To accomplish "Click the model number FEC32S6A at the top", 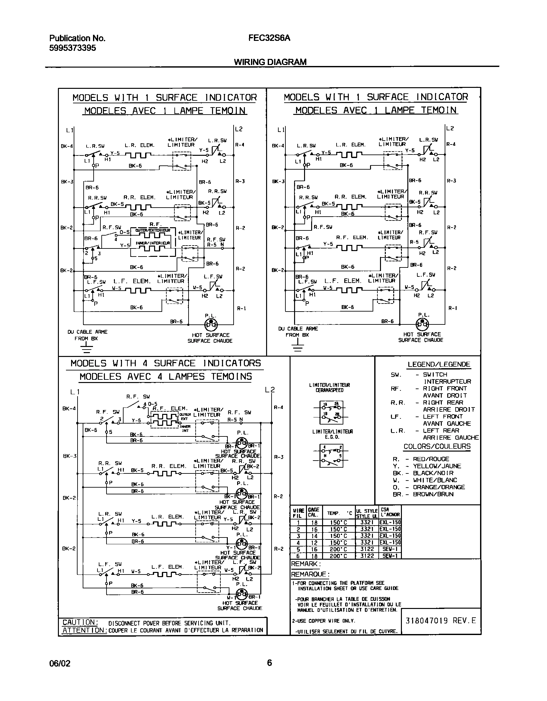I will [x=269, y=38].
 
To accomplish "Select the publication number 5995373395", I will [x=72, y=48].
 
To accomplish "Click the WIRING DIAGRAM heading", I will [x=270, y=62].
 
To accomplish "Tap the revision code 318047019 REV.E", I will [x=441, y=621].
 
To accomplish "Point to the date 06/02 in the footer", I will [x=60, y=663].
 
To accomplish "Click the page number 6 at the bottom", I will [x=269, y=662].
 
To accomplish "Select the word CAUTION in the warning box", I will [x=80, y=622].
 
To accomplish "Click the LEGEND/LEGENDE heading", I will [x=439, y=364].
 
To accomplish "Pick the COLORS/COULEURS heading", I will [x=437, y=446].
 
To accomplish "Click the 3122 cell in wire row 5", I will [x=367, y=549].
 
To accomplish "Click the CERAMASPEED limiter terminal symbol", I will [x=331, y=412].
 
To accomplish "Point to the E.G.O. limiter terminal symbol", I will [x=331, y=455].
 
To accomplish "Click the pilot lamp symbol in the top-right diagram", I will [x=422, y=324].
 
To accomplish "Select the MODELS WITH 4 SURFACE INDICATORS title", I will [x=166, y=363].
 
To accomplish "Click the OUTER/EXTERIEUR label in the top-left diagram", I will [x=153, y=230].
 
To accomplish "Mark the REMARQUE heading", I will [x=310, y=574].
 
